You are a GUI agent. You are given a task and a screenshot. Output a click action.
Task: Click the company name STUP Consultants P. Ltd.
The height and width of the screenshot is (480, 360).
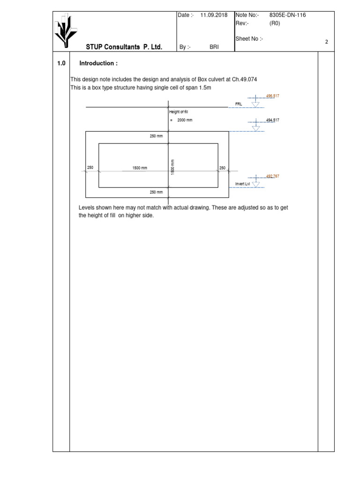(x=124, y=47)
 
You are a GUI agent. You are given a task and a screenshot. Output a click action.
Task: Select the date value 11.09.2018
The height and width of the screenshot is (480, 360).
(x=214, y=15)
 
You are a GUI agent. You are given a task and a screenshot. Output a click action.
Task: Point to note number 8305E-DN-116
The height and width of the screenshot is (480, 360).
(x=287, y=15)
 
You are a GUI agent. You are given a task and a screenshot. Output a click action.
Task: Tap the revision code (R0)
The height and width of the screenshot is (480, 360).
(x=275, y=23)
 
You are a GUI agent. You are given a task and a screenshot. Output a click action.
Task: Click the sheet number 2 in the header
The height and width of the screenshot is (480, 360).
(x=326, y=42)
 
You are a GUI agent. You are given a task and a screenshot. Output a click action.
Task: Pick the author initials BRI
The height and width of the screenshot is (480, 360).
(x=214, y=47)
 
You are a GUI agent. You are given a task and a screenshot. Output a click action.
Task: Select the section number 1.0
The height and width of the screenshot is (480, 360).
(x=61, y=63)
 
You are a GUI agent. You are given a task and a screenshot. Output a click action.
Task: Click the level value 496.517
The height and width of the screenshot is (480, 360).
(x=272, y=96)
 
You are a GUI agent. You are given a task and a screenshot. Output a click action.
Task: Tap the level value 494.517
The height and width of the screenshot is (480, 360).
(x=272, y=120)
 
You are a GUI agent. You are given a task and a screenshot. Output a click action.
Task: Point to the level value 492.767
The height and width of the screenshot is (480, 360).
(x=272, y=176)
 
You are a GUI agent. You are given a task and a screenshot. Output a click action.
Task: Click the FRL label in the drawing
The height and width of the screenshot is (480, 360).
(x=238, y=104)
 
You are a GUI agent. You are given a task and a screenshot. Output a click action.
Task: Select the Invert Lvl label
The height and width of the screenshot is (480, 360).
(x=242, y=184)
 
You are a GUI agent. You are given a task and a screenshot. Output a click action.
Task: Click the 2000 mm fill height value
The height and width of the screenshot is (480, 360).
(x=185, y=120)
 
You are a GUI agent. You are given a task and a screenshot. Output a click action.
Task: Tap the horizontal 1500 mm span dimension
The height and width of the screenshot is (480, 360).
(x=140, y=168)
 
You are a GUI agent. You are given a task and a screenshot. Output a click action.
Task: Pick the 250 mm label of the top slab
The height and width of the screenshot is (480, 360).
(x=156, y=136)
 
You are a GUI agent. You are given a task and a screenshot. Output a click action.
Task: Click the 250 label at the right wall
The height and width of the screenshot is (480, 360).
(x=222, y=168)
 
